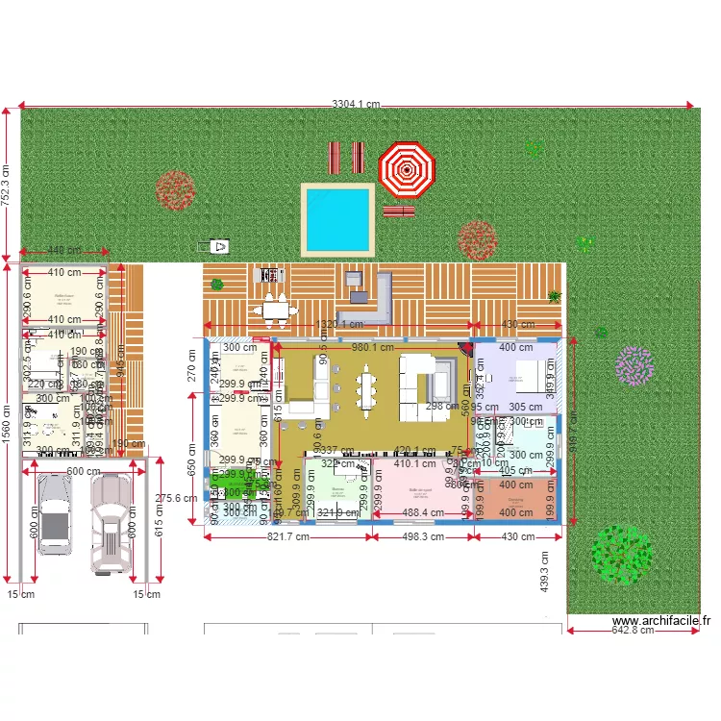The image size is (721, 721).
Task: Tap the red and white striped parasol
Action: (407, 169)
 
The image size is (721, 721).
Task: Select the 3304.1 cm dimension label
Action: (356, 104)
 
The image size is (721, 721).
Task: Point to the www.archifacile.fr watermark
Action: (661, 622)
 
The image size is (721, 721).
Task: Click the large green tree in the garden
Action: (620, 553)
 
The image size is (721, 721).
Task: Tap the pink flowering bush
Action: (634, 366)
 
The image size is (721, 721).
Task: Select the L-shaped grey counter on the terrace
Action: (374, 300)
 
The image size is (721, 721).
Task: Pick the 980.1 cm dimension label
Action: (373, 347)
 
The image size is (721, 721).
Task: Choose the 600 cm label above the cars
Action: (84, 471)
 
